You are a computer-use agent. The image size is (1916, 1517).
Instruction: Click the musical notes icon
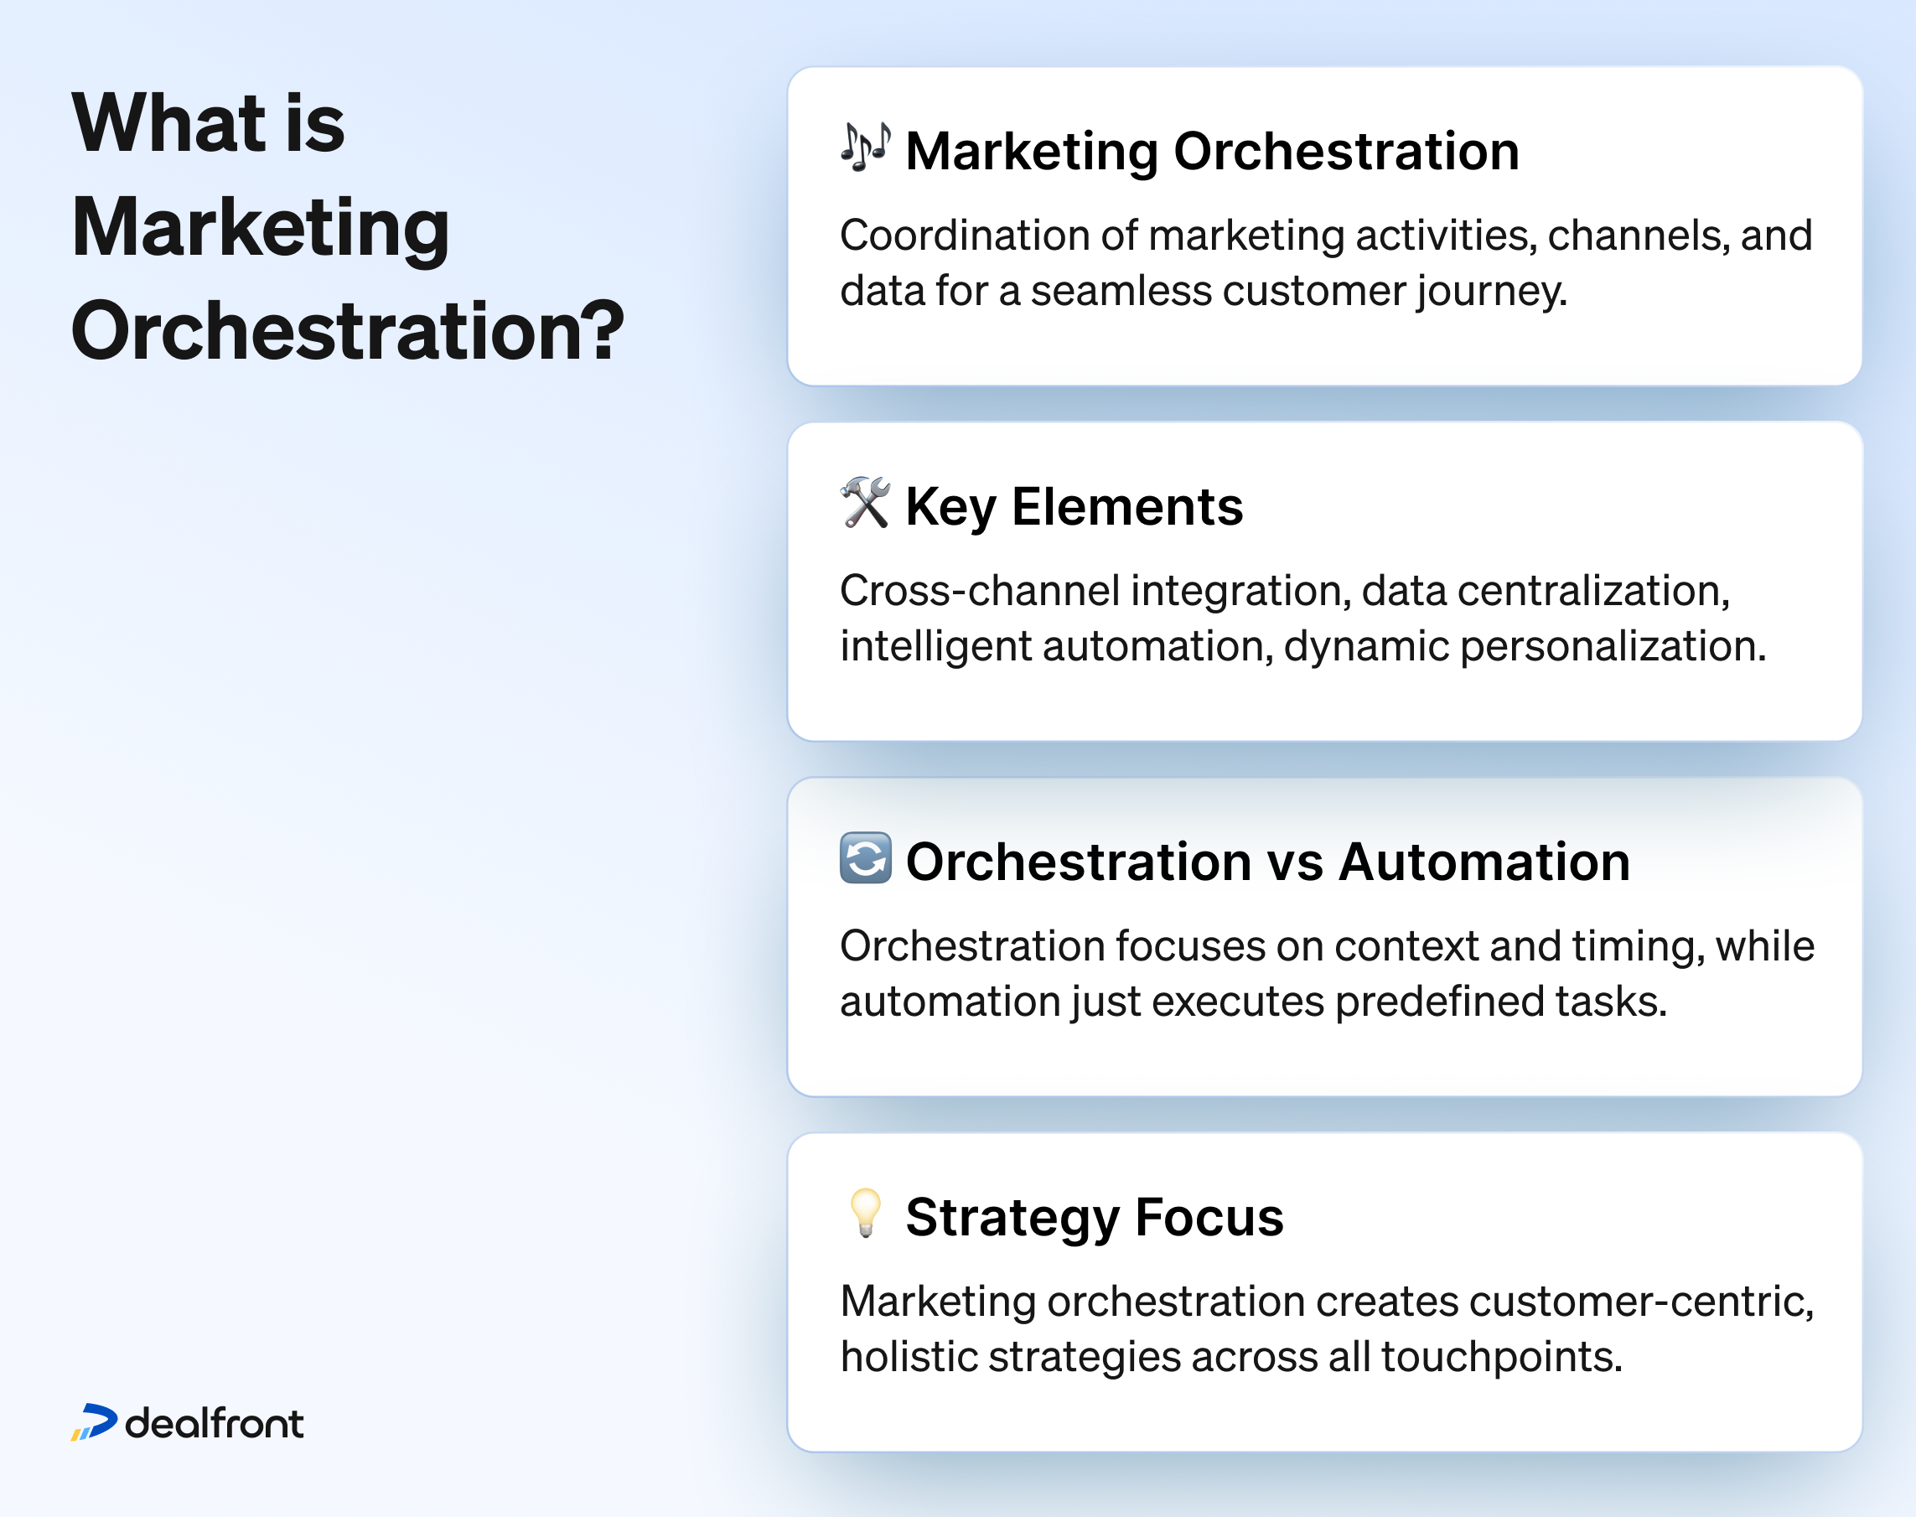(865, 148)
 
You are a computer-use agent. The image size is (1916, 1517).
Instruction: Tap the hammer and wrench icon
(865, 503)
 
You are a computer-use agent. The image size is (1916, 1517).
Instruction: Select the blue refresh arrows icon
(865, 858)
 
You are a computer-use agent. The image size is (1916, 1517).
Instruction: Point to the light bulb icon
(865, 1214)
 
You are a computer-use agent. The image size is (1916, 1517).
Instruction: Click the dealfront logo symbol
(94, 1422)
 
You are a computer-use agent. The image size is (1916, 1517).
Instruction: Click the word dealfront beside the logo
(214, 1423)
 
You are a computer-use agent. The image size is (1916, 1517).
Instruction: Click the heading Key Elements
(1074, 507)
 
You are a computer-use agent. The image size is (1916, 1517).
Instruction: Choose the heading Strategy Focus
(1095, 1218)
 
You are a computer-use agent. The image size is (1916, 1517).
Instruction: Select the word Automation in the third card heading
(1484, 862)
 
